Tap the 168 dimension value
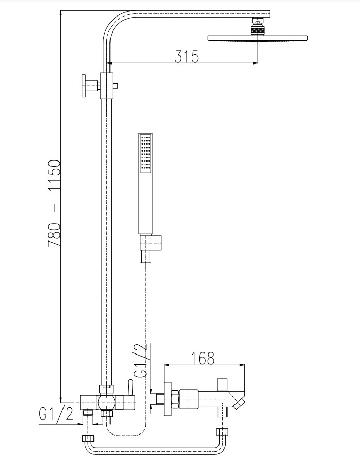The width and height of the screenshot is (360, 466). point(202,359)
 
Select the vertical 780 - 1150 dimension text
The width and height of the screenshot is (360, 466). point(54,203)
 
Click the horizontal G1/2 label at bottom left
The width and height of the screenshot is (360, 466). point(56,413)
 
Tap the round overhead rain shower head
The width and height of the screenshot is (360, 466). point(257,38)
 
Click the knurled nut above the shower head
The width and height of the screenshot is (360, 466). point(258,30)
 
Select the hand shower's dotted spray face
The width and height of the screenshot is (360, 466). point(146,153)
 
